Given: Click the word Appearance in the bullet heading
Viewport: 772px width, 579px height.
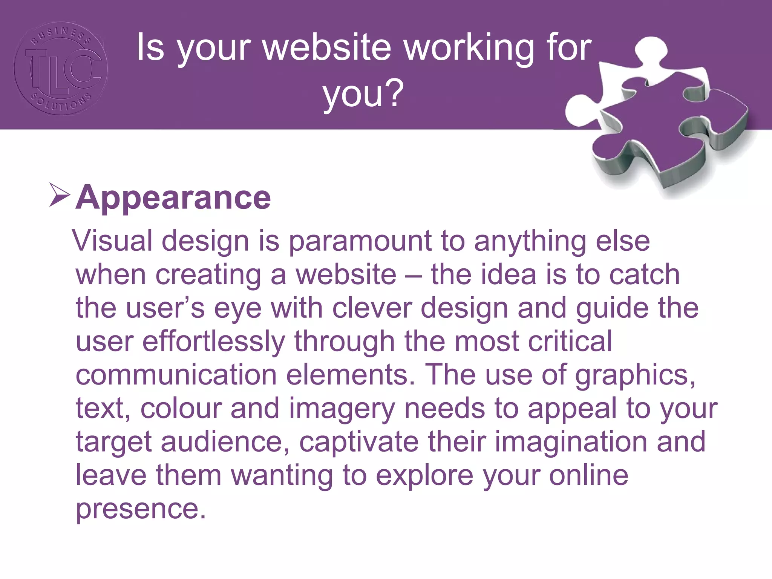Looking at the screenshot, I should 173,198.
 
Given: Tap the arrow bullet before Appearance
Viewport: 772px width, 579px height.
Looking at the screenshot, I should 60,195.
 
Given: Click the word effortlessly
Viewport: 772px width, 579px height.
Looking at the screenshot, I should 213,342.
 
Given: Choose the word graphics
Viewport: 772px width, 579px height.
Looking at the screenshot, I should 635,375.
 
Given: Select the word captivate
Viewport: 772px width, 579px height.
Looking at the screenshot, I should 358,442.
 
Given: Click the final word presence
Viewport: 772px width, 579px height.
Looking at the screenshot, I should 141,509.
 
